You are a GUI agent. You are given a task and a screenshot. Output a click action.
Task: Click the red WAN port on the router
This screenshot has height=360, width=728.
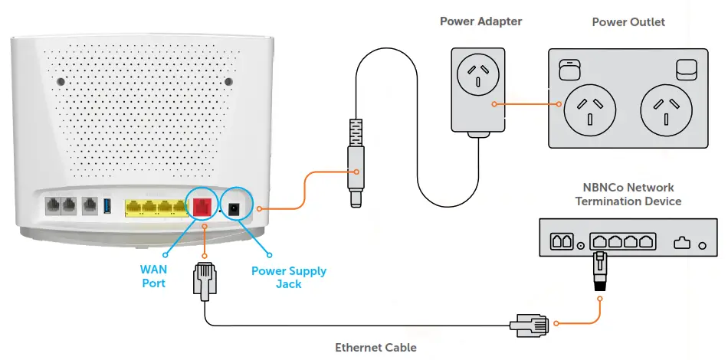click(204, 206)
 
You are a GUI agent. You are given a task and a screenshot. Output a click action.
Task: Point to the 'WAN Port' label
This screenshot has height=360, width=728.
click(153, 277)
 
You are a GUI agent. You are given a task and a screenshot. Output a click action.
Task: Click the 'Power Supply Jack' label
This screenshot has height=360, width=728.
click(289, 277)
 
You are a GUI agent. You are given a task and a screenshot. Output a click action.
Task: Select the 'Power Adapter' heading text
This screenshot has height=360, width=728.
click(480, 21)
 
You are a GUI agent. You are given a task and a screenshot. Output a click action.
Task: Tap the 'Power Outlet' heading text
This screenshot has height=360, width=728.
click(628, 22)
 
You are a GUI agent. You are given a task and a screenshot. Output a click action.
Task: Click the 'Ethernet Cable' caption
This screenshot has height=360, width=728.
click(375, 348)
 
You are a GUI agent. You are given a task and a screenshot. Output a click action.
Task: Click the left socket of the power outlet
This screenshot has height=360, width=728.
click(589, 107)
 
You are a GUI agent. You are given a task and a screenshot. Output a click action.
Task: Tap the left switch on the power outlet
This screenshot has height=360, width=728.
click(568, 70)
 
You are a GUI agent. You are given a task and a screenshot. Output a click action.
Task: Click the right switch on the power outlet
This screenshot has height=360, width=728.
click(686, 70)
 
